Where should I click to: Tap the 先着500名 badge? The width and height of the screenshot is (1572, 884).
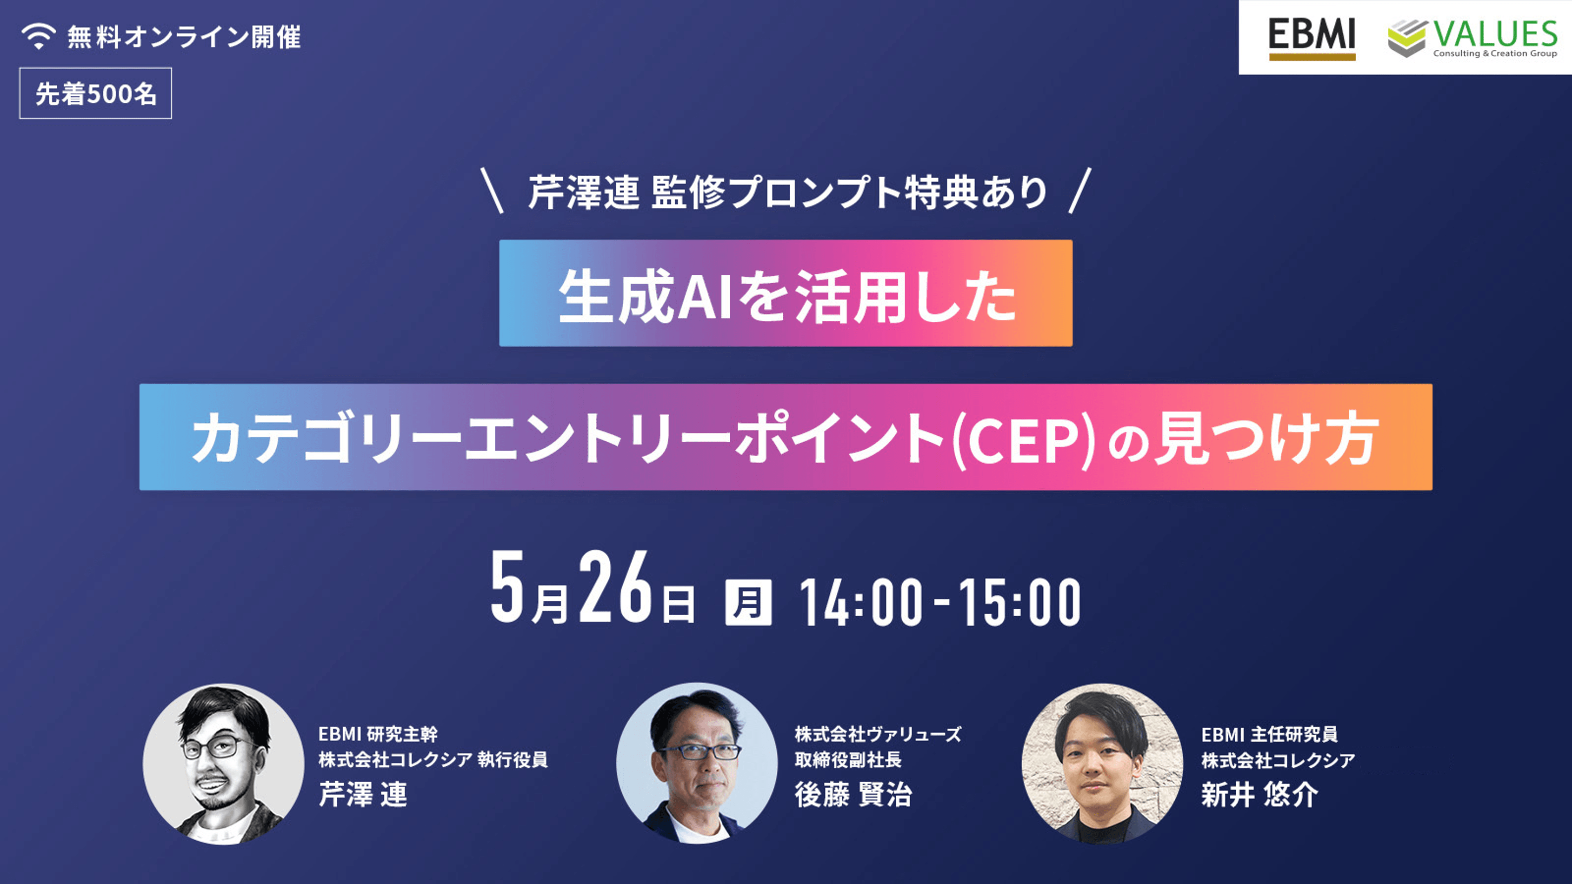point(96,93)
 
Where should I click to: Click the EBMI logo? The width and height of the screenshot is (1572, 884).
point(1312,39)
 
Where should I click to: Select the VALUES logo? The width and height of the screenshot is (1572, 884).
point(1472,38)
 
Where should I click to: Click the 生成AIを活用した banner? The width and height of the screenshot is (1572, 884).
point(786,293)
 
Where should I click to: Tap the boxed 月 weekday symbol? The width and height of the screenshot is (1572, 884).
point(748,602)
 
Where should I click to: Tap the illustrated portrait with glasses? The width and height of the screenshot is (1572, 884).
point(223,764)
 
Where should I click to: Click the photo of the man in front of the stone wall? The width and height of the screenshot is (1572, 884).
point(1102,764)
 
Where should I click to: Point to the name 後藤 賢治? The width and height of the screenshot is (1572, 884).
point(853,794)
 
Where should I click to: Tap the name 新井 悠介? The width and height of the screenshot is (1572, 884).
point(1259,794)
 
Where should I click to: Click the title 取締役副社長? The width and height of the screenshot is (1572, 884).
point(848,759)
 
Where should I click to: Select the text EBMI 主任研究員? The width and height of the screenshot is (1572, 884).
point(1269,734)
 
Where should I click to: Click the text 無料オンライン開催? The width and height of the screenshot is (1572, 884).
point(184,37)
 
